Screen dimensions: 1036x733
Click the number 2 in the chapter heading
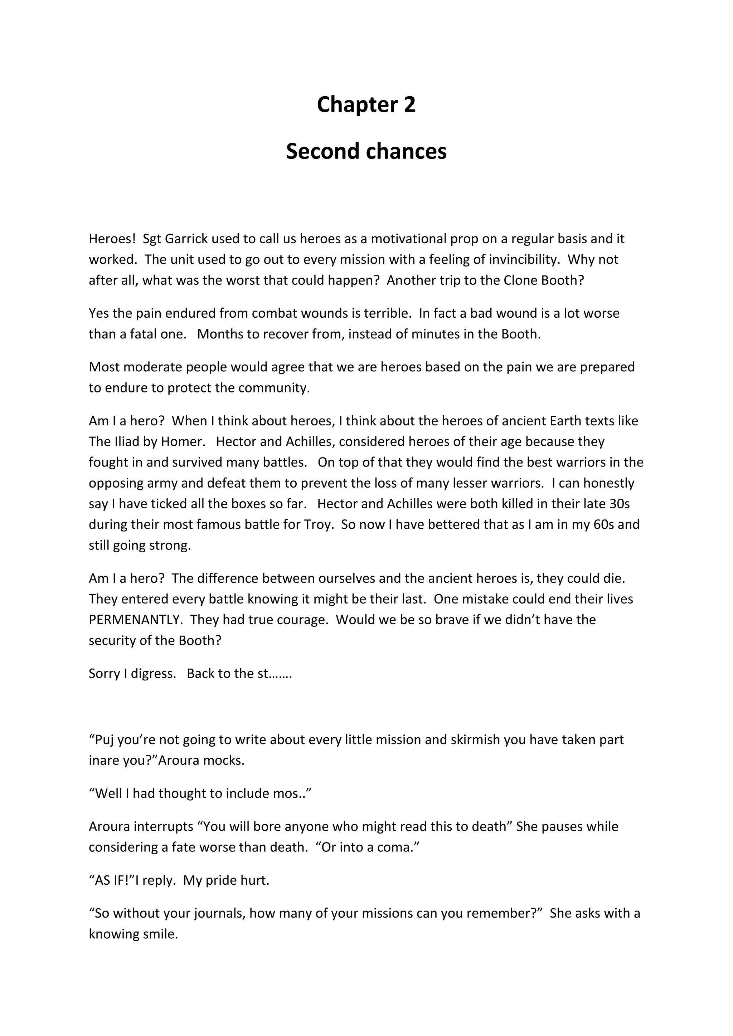[x=409, y=105]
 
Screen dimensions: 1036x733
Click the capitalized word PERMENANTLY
[x=135, y=620]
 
